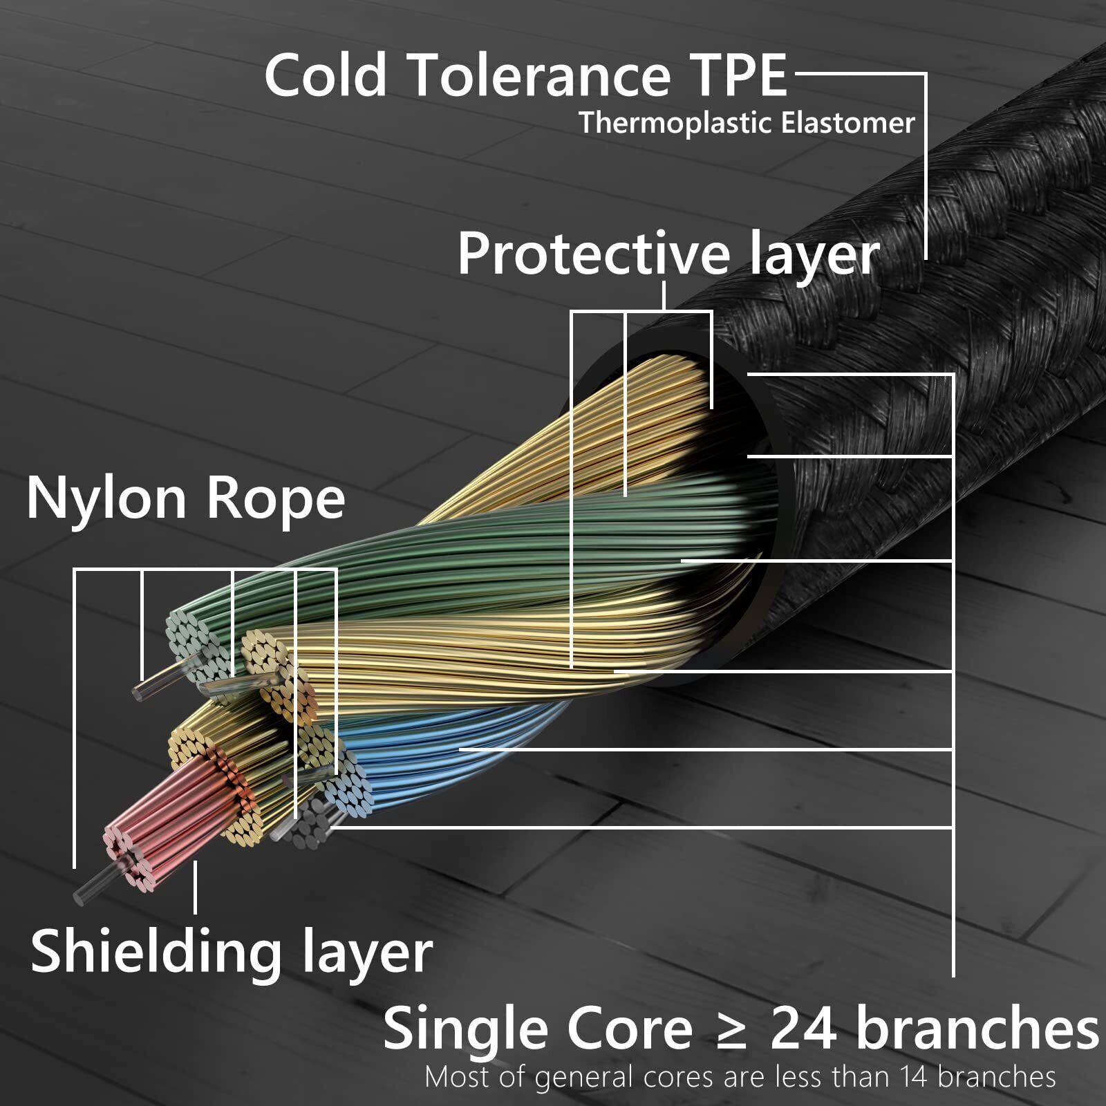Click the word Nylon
(106, 499)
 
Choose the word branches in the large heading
(977, 1029)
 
